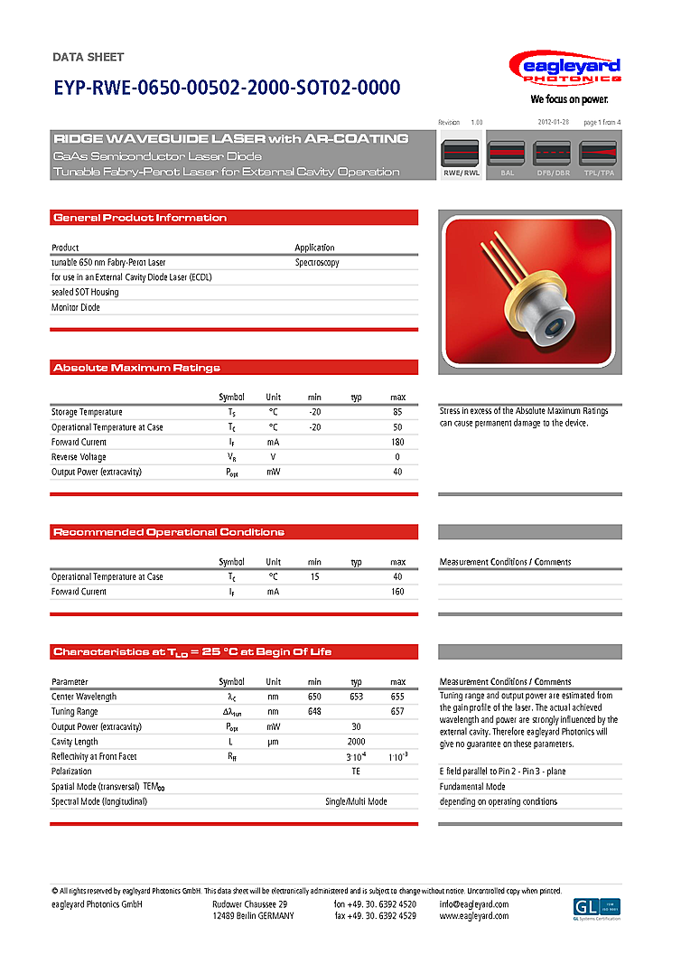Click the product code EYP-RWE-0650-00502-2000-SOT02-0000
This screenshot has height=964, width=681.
(x=226, y=88)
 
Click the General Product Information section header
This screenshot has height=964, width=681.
(x=140, y=218)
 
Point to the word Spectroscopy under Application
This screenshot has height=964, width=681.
(x=317, y=262)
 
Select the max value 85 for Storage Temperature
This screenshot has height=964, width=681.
(x=397, y=412)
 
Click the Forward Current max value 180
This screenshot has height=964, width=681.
(x=397, y=442)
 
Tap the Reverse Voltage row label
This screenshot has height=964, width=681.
(x=79, y=457)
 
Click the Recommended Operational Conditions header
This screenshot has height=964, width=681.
(x=169, y=532)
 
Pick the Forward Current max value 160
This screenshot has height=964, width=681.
(x=397, y=592)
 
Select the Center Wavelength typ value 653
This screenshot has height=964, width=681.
(x=356, y=697)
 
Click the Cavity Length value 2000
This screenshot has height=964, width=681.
(x=356, y=742)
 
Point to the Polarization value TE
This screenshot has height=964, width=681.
(x=356, y=772)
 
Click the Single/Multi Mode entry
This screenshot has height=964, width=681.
(x=356, y=801)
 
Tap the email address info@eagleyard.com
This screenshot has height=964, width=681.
(x=474, y=904)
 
